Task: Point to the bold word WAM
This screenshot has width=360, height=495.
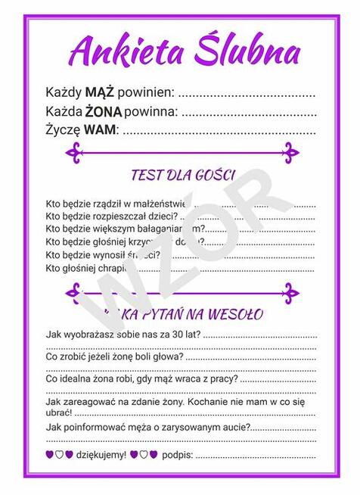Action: coord(100,130)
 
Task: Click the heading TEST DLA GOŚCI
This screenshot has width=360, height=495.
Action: coord(182,175)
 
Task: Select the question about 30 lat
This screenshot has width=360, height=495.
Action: coord(124,334)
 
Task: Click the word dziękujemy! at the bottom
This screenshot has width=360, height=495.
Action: coord(101,455)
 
